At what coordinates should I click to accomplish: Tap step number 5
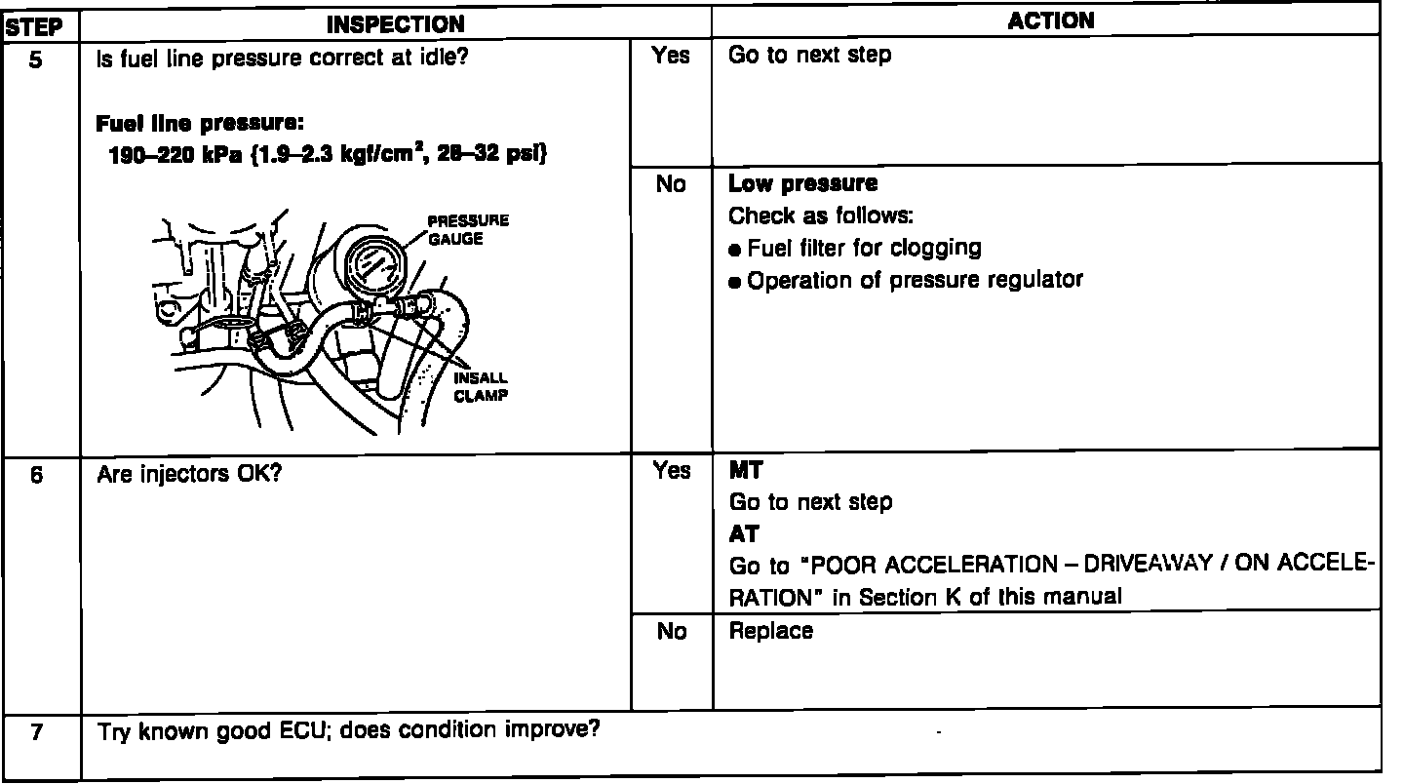click(x=36, y=58)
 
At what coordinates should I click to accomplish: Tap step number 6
click(x=36, y=478)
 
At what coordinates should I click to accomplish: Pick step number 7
click(x=36, y=732)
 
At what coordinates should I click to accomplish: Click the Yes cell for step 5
click(x=671, y=57)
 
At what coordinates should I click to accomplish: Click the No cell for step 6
click(x=671, y=632)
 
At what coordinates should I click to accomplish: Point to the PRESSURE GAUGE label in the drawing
click(x=468, y=230)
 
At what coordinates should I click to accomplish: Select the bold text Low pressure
click(x=802, y=184)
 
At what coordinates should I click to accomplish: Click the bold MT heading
click(x=746, y=471)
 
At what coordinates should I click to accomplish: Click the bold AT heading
click(x=744, y=534)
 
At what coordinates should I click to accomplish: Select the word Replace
click(x=770, y=631)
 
